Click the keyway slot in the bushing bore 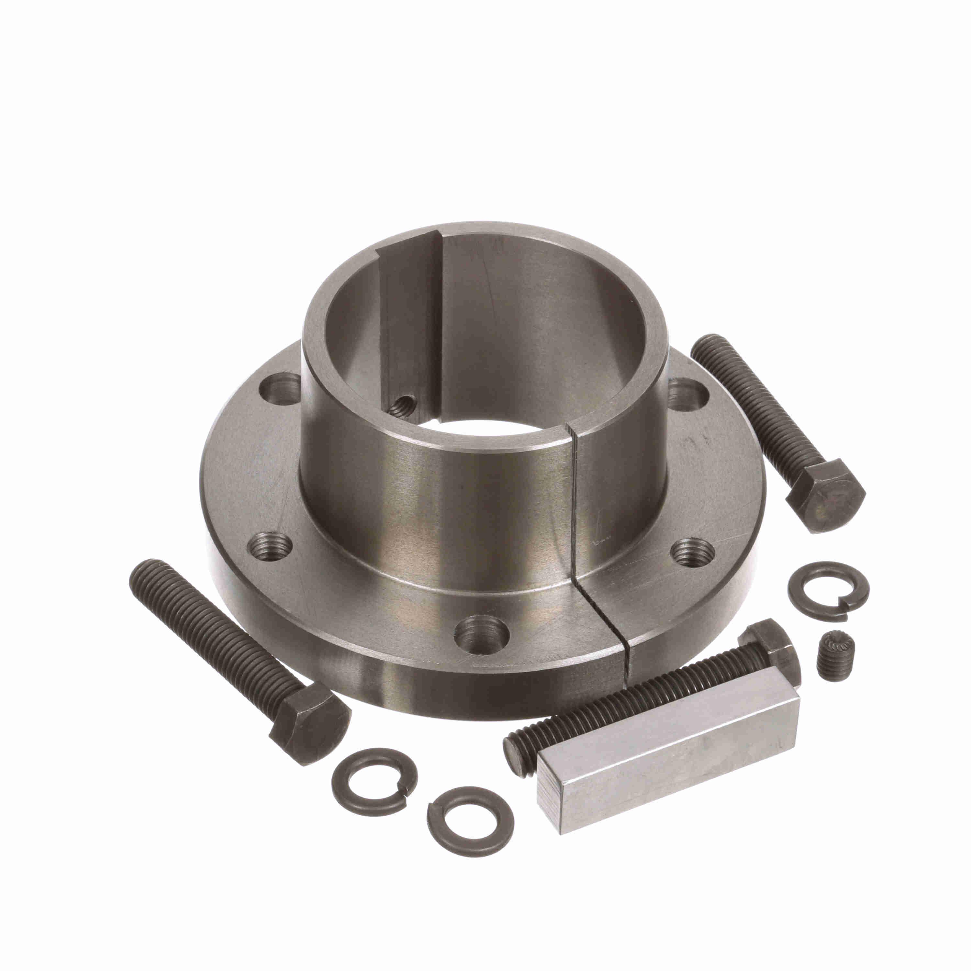(x=410, y=322)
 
